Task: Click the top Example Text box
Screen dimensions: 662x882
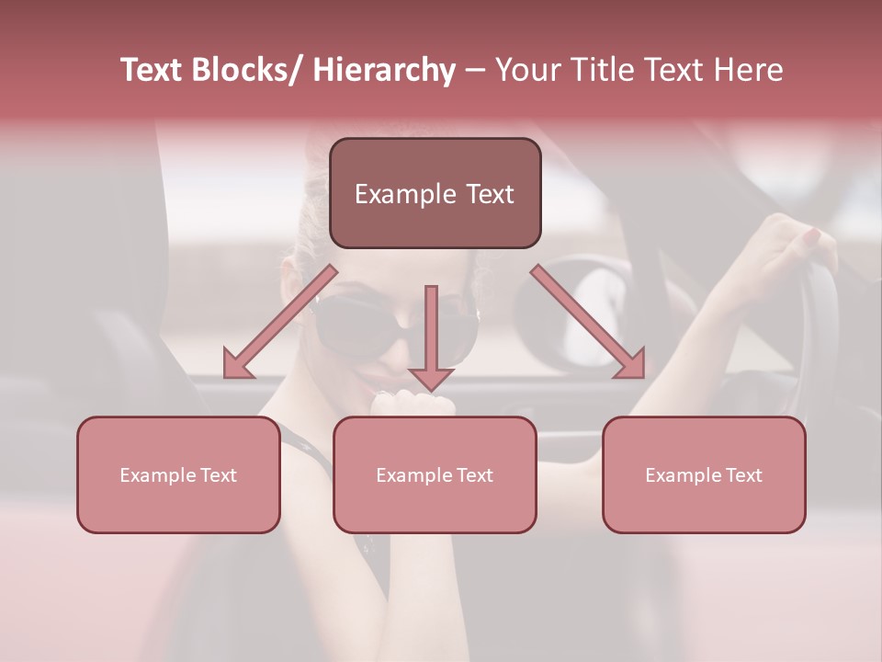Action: (435, 193)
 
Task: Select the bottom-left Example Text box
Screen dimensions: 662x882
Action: (178, 474)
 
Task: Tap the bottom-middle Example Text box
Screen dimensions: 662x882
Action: (435, 474)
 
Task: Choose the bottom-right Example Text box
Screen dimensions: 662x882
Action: (704, 474)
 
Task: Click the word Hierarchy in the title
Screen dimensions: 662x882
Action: (384, 70)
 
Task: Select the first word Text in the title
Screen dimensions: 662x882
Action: (153, 70)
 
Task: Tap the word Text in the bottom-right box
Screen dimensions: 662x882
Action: (742, 475)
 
